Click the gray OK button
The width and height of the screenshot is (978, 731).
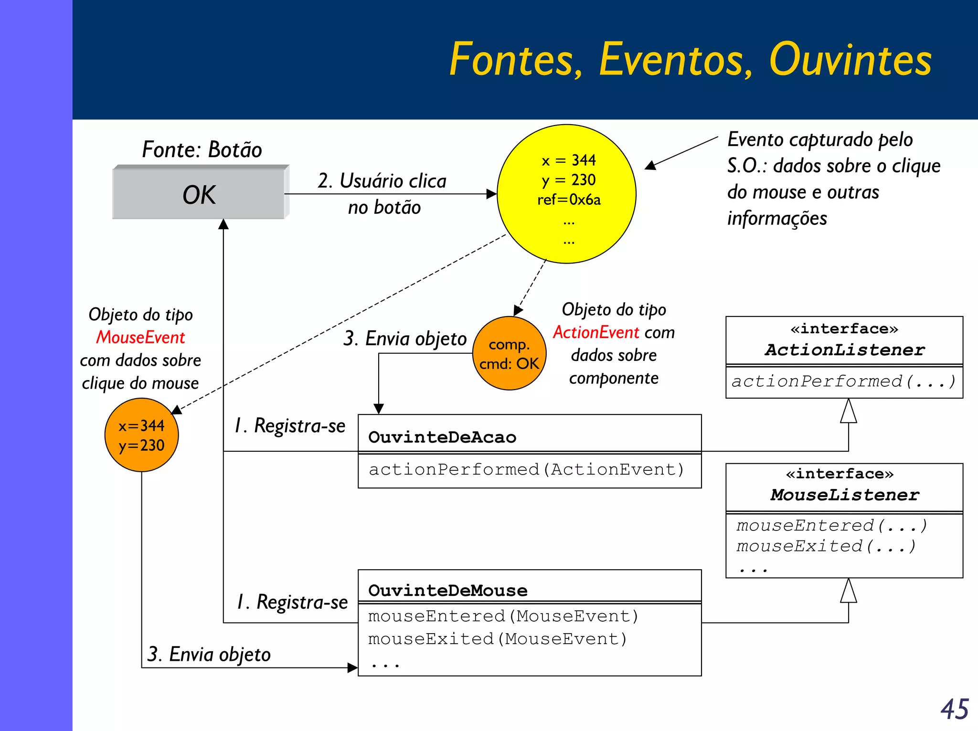199,194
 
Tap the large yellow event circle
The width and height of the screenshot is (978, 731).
566,194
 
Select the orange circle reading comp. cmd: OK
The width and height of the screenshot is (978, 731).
509,354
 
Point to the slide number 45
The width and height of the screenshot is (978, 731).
954,710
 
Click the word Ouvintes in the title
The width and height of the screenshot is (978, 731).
850,59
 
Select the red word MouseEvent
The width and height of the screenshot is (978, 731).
140,338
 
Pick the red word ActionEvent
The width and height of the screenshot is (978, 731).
596,332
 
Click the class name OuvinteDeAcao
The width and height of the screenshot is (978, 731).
442,437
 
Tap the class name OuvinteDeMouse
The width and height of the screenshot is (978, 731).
448,591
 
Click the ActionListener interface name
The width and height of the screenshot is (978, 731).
844,350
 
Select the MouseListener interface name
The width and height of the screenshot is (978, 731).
844,495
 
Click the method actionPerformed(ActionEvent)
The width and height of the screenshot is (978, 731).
526,470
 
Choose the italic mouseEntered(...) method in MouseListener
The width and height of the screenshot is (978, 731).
831,526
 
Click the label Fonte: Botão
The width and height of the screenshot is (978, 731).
202,149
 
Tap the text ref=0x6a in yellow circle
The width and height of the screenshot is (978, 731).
569,200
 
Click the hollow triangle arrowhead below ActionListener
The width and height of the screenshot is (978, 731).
848,411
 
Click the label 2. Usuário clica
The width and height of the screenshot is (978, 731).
382,181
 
